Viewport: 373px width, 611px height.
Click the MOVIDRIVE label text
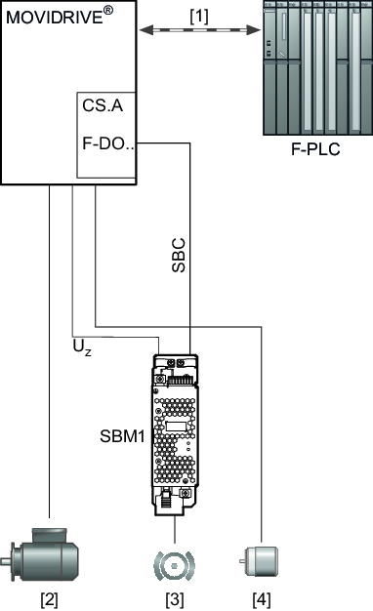(x=55, y=18)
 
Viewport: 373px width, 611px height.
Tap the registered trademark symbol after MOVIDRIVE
(x=108, y=11)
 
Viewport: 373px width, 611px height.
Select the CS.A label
(x=103, y=105)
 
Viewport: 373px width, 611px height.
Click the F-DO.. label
(x=108, y=143)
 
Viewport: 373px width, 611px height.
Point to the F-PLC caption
(x=315, y=149)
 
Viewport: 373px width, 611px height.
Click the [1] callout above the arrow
(x=199, y=17)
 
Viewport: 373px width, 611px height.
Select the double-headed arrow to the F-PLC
(x=200, y=30)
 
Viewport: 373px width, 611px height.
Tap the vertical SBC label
(x=179, y=255)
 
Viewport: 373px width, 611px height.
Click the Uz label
(x=82, y=347)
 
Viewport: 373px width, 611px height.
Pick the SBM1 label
(x=122, y=436)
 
